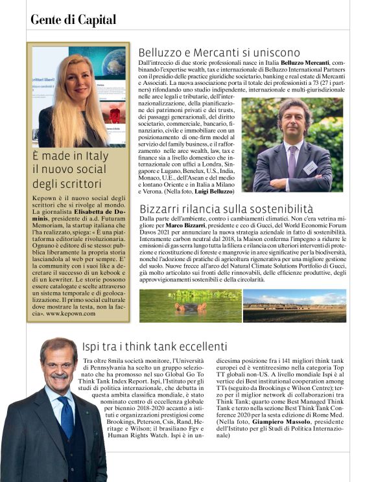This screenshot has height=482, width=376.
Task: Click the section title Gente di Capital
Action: [73, 20]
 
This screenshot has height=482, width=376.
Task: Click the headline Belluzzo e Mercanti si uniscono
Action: [219, 52]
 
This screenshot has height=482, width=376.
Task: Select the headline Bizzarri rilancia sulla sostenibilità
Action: [226, 209]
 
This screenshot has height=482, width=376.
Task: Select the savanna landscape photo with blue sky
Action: [294, 305]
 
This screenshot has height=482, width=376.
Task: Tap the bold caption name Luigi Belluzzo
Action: [214, 192]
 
